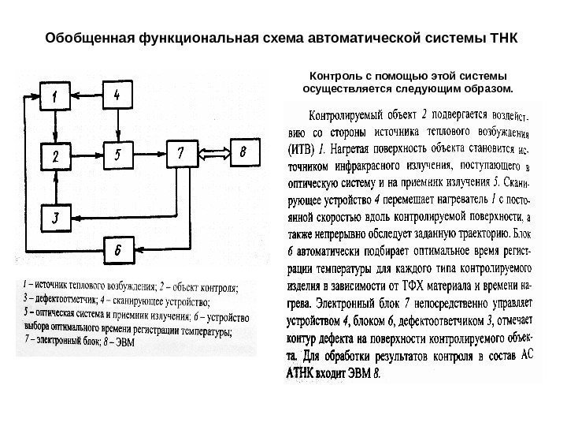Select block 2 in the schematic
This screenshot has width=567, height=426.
point(55,156)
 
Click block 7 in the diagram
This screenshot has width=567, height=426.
point(181,154)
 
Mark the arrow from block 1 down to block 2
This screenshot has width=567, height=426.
point(55,126)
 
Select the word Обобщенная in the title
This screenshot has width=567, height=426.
point(89,37)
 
